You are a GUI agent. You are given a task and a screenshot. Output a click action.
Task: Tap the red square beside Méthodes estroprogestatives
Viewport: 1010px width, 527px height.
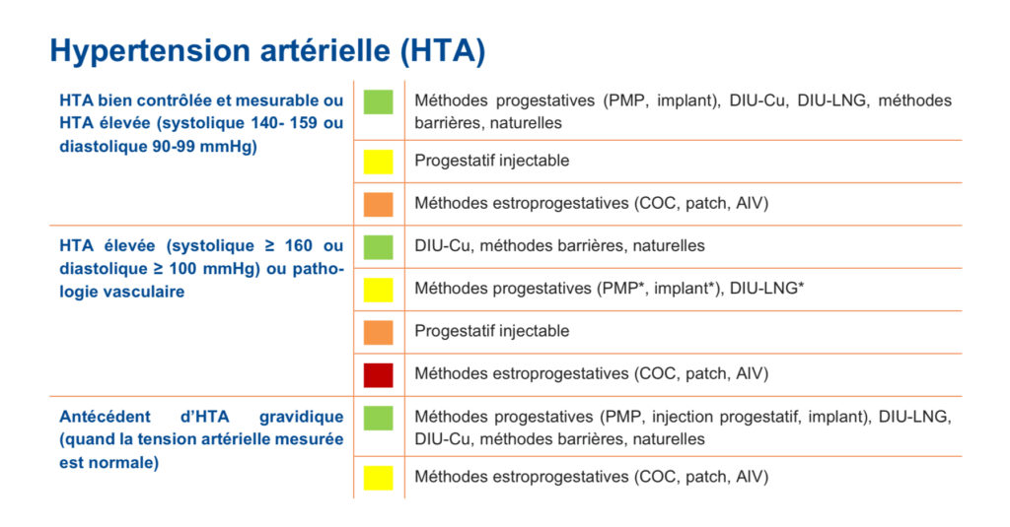pos(378,375)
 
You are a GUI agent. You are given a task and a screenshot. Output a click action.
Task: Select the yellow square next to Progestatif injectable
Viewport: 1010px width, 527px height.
pos(378,162)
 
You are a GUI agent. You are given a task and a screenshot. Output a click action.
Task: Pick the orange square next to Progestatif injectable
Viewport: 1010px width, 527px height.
pos(378,333)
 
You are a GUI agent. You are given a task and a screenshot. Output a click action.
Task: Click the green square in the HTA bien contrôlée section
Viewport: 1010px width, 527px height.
pos(378,102)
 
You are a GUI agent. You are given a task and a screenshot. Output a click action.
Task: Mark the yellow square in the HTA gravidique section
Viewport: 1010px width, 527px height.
pos(378,478)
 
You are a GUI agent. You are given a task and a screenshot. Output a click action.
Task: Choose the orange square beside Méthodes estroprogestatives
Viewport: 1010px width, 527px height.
pos(378,204)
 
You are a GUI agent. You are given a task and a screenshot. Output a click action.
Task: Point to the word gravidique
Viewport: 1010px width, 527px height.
pos(301,418)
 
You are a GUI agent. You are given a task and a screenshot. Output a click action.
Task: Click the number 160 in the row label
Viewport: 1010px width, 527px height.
pos(298,246)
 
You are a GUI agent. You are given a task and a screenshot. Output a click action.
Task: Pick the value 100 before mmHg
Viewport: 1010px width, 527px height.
pos(183,269)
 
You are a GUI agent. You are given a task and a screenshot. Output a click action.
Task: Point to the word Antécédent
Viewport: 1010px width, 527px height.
pos(105,417)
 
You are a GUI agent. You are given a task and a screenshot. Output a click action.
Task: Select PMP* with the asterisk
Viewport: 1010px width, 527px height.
pos(623,289)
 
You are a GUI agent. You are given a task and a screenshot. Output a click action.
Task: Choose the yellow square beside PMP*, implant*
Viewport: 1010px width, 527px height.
pos(378,290)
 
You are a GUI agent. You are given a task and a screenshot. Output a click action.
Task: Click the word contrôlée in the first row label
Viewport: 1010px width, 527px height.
pos(176,100)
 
